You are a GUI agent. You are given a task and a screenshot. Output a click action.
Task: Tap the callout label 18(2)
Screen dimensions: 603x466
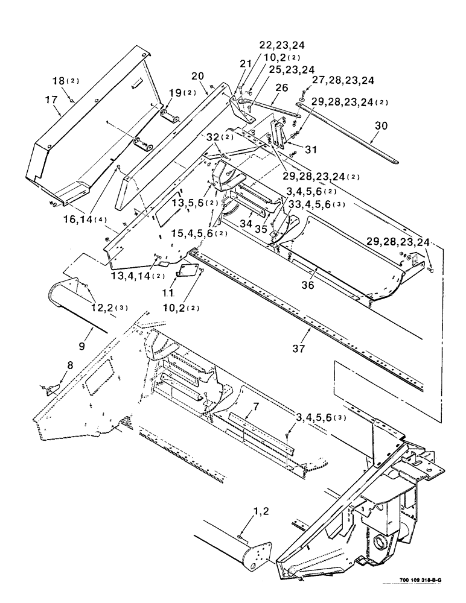pyautogui.click(x=64, y=80)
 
